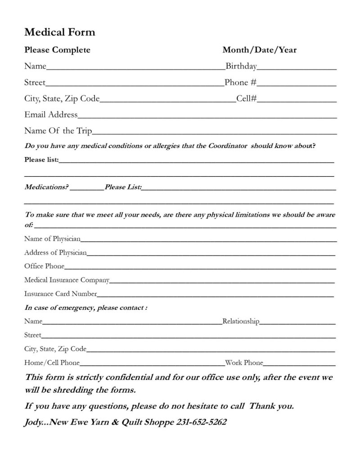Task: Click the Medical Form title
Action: click(59, 32)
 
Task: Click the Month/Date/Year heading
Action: click(260, 50)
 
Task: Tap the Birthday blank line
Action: click(297, 69)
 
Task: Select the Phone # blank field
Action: click(297, 85)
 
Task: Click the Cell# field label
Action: click(246, 99)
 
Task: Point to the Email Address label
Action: click(51, 115)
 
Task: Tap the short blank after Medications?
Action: click(87, 189)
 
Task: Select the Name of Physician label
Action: click(52, 238)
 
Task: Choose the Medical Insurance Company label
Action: click(67, 280)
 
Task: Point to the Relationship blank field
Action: click(297, 323)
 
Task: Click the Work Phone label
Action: click(244, 363)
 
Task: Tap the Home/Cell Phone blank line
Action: click(152, 364)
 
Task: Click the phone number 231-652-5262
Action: click(200, 422)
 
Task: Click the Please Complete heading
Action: click(57, 50)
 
